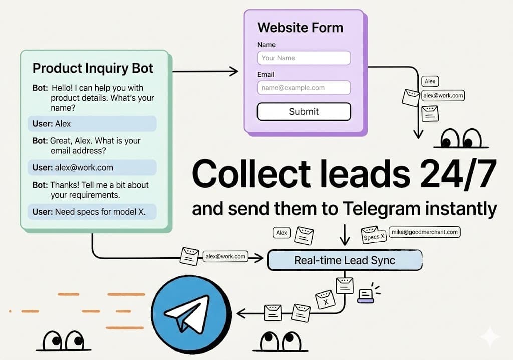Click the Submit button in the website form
coord(304,111)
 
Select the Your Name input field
coord(304,58)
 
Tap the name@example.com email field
coord(304,88)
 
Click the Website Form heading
coord(300,27)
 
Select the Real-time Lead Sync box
coord(345,260)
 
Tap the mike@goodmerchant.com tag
coord(424,232)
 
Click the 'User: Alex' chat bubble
coord(92,124)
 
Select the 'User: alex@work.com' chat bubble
coord(92,167)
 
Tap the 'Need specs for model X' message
coord(92,212)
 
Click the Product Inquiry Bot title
coord(93,68)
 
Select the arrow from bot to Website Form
coord(205,72)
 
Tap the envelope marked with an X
coord(324,300)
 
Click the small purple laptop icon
coord(366,296)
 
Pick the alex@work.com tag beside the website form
coord(443,95)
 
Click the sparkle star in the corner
coord(489,336)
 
